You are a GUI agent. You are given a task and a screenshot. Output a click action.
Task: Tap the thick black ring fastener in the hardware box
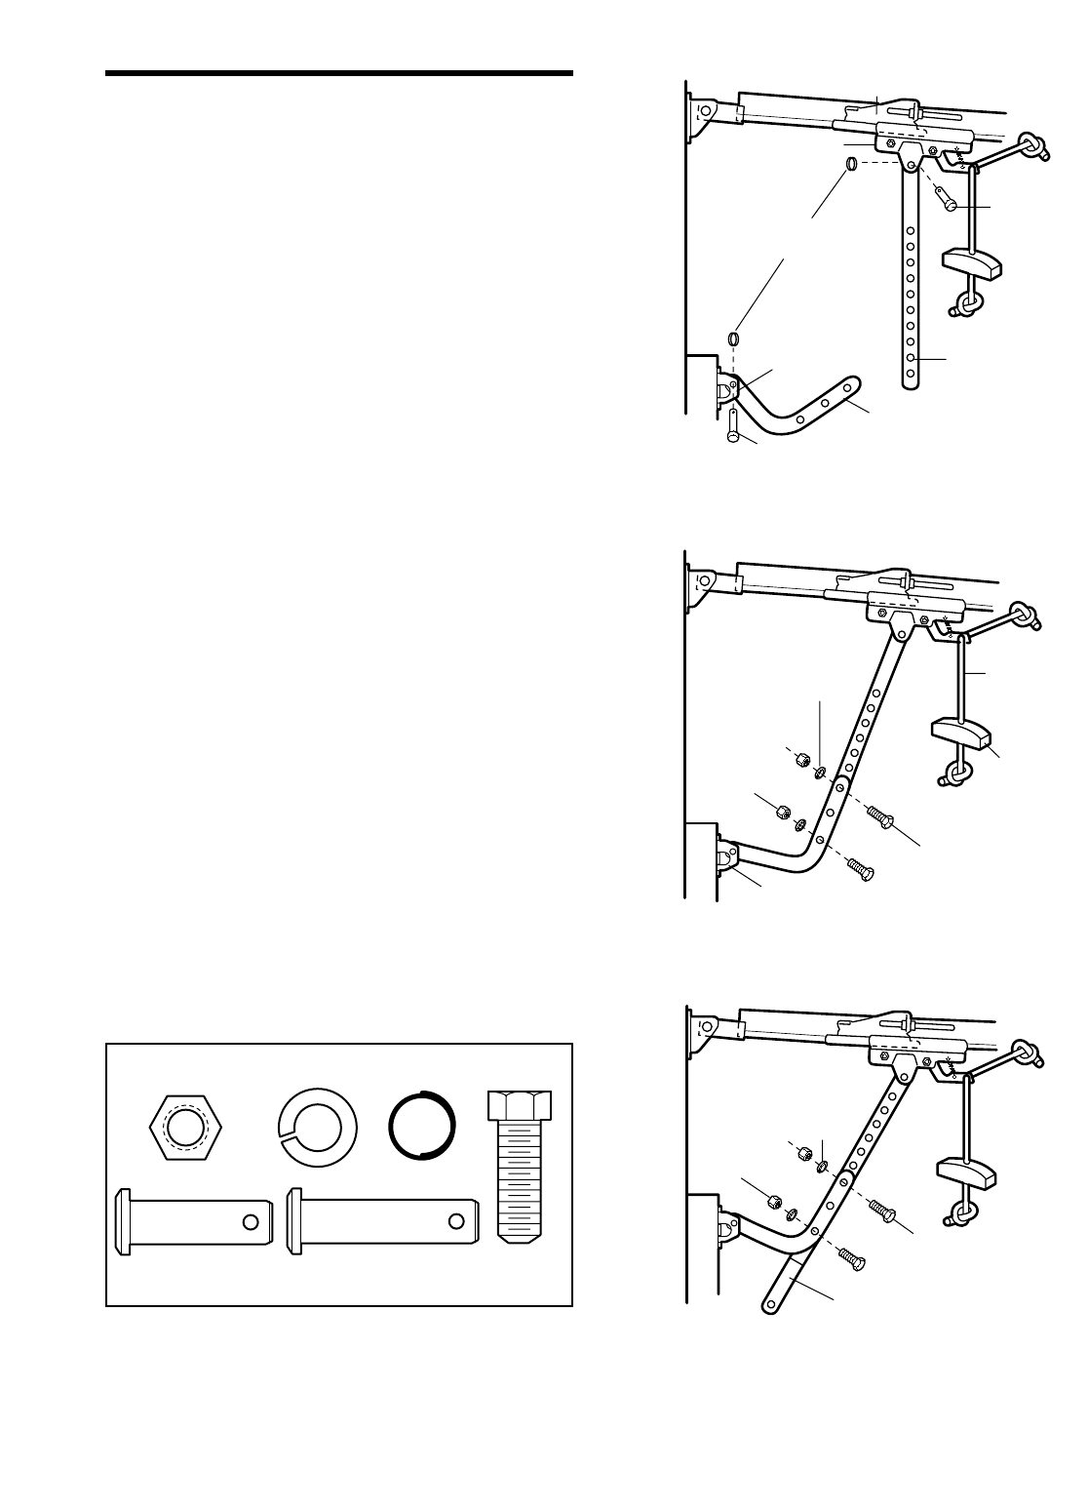coord(421,1124)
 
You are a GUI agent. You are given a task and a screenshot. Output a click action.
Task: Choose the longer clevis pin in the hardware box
coord(381,1220)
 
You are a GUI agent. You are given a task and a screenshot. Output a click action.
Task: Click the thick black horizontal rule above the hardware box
coord(338,74)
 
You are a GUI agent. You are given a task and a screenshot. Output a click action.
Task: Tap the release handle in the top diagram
coord(972,261)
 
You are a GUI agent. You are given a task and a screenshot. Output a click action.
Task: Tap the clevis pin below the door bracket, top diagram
coord(731,428)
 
